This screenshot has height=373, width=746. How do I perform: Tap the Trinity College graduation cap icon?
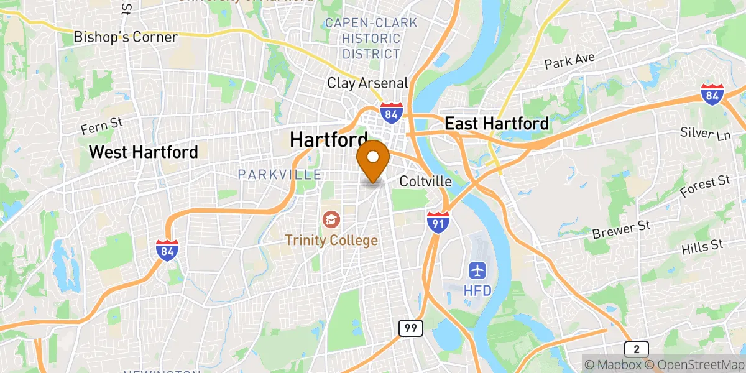click(330, 219)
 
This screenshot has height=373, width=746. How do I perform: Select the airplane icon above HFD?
click(477, 271)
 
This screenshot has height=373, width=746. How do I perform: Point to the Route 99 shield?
click(411, 327)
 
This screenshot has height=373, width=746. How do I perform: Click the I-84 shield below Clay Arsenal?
click(392, 111)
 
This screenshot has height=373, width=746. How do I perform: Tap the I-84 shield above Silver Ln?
click(712, 94)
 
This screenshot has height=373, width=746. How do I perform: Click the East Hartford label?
click(497, 124)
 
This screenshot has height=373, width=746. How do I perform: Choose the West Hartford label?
click(144, 151)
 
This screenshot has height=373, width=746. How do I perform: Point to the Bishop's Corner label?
click(126, 37)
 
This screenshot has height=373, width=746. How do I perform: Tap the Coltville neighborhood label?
click(425, 182)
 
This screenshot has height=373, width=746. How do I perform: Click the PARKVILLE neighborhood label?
click(279, 175)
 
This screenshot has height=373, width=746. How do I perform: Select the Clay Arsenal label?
click(367, 83)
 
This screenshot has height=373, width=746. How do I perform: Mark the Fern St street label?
click(102, 126)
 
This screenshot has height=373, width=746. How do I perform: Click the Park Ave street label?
click(570, 61)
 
